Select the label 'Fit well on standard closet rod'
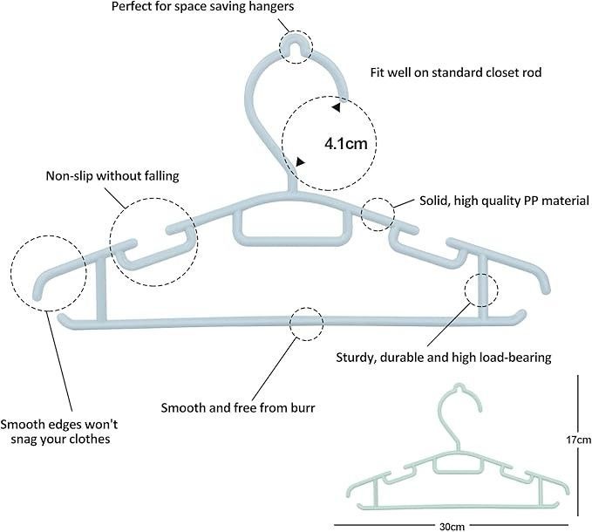coord(456,72)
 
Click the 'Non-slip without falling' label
coord(112,175)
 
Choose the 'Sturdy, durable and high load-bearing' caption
coord(443,357)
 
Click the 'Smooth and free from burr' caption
coord(237,407)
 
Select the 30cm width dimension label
coord(452,526)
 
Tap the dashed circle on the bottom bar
coord(305,323)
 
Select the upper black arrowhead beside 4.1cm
coord(336,108)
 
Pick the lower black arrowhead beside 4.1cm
coord(301,161)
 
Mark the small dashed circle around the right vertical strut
coord(481,289)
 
